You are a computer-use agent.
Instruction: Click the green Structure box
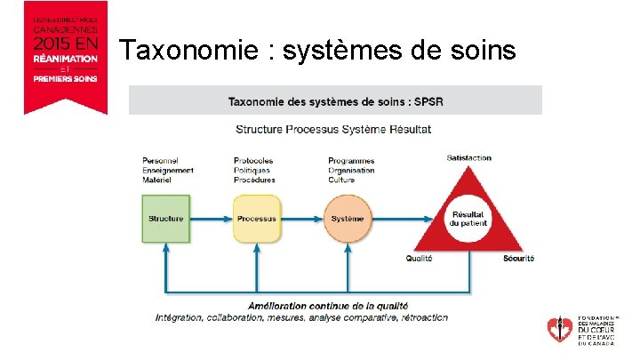(165, 219)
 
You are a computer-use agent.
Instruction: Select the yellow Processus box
(256, 219)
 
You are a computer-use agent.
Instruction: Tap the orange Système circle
(347, 219)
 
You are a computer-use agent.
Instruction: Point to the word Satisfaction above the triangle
(468, 158)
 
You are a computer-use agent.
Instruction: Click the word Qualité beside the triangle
(419, 259)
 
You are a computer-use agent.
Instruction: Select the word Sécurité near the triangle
(518, 259)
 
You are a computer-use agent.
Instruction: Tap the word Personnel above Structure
(161, 161)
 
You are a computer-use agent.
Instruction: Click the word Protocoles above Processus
(253, 161)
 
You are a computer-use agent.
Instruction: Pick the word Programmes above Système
(350, 161)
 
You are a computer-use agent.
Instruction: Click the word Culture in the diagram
(342, 180)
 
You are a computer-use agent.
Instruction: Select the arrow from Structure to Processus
(211, 219)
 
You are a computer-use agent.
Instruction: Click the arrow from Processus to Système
(301, 219)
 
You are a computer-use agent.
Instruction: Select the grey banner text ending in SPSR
(335, 101)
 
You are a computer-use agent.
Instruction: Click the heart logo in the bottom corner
(560, 328)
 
